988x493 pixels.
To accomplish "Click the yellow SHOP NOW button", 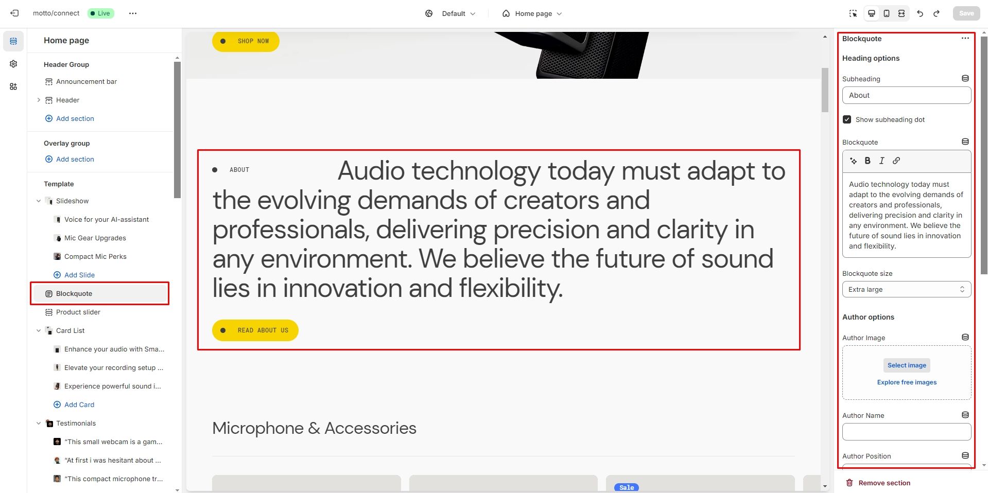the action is (x=246, y=41).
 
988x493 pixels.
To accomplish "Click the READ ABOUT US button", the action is (x=255, y=330).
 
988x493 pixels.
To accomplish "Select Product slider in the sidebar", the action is (x=78, y=312).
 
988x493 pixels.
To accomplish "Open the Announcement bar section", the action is (x=86, y=82).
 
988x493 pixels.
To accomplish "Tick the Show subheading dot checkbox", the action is (x=847, y=119).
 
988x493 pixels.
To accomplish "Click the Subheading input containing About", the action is (x=907, y=95).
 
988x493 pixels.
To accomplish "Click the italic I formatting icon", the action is (x=882, y=161).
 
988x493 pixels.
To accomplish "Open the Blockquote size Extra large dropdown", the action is (x=907, y=289).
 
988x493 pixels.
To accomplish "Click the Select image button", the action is (x=907, y=365).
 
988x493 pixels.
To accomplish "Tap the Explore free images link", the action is (x=907, y=382).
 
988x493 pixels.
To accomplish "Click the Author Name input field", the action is (x=907, y=432).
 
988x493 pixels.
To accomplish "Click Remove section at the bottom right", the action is (x=878, y=483).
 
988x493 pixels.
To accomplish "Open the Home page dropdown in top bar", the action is (x=532, y=13).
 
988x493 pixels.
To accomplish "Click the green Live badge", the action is (x=100, y=13).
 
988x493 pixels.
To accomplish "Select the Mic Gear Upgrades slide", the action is (x=95, y=238).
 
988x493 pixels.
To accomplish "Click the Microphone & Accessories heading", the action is (x=314, y=428).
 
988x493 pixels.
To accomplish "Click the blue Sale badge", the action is (x=627, y=487).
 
